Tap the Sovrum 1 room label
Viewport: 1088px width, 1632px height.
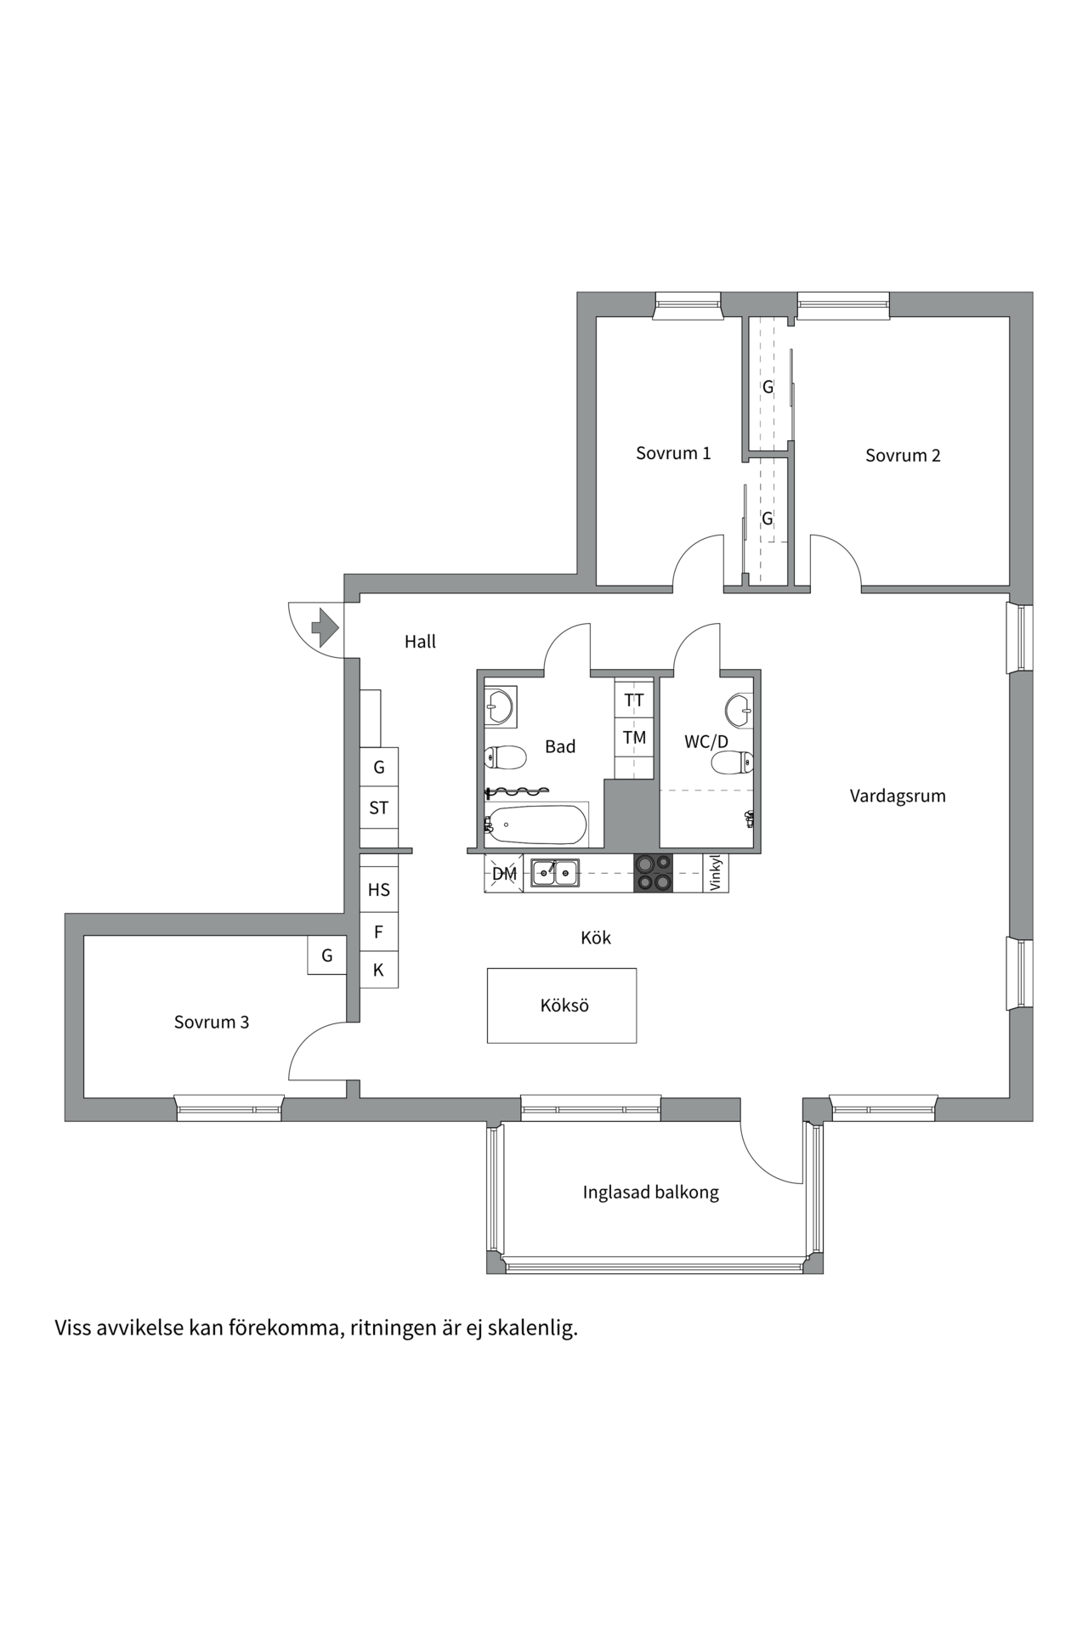point(673,453)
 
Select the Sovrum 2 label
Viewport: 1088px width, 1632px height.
point(903,456)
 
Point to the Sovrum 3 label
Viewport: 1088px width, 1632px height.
point(212,1023)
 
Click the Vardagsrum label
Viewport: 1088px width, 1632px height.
point(898,796)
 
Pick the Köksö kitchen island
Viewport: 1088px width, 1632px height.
point(562,1006)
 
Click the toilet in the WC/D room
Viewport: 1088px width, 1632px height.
point(733,762)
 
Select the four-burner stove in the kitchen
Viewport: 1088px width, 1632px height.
point(653,873)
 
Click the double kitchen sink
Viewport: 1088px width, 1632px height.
point(555,873)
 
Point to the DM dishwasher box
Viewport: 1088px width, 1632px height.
point(504,874)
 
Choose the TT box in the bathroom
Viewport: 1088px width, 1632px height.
point(634,700)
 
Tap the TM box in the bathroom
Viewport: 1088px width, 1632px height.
point(634,738)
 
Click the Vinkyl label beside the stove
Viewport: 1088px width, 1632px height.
point(715,873)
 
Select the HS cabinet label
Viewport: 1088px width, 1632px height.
point(379,890)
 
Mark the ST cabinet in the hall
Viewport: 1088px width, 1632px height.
point(379,808)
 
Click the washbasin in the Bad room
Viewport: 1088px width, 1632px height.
point(499,705)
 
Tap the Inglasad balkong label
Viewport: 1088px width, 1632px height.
point(651,1193)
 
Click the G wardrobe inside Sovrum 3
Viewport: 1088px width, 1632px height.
point(327,955)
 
